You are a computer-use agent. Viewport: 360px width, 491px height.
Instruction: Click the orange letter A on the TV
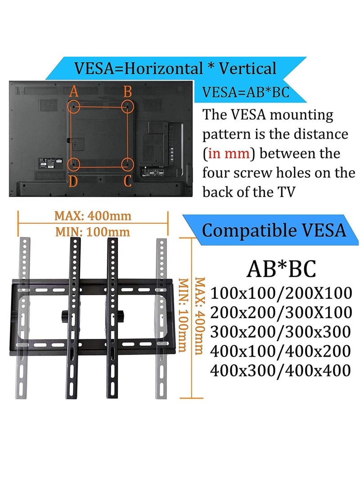coord(74,92)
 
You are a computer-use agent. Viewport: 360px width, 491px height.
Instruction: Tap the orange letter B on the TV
coord(128,92)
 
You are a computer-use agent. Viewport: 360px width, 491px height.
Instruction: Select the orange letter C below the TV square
coord(128,181)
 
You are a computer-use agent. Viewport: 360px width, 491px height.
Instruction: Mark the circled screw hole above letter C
coord(128,163)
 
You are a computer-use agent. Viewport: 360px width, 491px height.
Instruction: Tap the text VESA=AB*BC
coord(245,92)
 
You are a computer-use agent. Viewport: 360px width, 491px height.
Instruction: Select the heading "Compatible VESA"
coord(274,230)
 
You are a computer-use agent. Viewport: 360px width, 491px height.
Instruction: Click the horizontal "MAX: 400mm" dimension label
coord(93,216)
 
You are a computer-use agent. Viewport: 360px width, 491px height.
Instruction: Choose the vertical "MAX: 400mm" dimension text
coord(199,315)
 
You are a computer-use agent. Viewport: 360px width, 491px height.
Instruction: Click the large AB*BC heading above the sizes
coord(281,269)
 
